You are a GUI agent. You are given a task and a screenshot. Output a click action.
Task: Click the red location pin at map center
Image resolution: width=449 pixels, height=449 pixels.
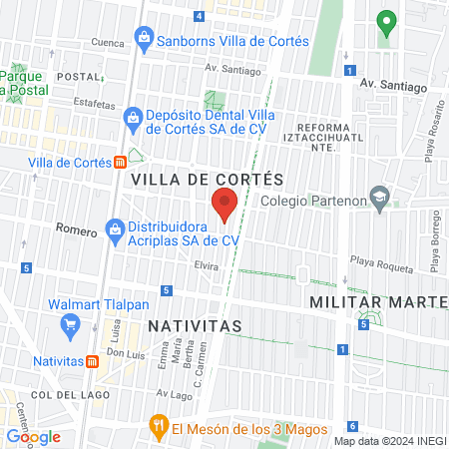click(224, 207)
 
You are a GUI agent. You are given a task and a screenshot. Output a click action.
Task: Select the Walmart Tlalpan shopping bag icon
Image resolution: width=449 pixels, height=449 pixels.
click(70, 324)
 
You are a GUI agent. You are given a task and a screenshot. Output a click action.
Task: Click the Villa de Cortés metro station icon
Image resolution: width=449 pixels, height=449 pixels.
click(121, 162)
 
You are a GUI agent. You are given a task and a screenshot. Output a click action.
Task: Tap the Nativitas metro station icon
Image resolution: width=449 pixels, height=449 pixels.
click(93, 361)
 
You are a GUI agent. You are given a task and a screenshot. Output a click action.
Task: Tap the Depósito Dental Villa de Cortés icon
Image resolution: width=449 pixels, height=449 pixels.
click(132, 119)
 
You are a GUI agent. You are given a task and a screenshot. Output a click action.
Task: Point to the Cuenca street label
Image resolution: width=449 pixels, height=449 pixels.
click(108, 42)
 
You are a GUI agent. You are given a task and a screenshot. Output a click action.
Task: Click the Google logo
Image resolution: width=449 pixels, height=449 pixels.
click(33, 435)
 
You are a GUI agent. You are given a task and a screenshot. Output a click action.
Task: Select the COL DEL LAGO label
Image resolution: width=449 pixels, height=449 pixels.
click(54, 396)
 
